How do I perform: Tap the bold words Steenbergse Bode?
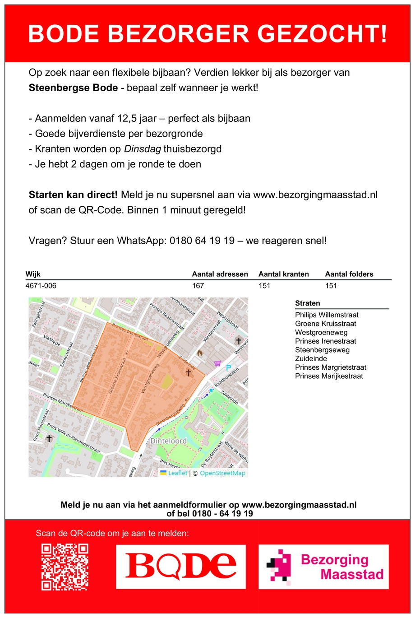[x=73, y=88]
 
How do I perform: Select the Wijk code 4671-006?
[x=41, y=286]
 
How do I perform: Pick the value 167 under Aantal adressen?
[x=198, y=286]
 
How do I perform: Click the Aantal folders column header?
[x=349, y=274]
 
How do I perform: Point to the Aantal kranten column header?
[x=284, y=274]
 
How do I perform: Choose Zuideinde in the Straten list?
[x=311, y=358]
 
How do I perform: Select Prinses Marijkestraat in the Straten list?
[x=329, y=376]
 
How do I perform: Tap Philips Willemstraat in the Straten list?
[x=327, y=315]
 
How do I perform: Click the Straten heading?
[x=308, y=303]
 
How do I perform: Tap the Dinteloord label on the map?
[x=168, y=441]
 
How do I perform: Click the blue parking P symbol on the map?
[x=229, y=368]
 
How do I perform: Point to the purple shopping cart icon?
[x=218, y=362]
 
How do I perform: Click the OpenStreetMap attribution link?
[x=222, y=473]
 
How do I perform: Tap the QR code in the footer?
[x=65, y=567]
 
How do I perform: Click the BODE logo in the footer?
[x=180, y=567]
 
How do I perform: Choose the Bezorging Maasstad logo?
[x=323, y=567]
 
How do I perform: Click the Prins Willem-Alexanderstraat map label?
[x=74, y=439]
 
